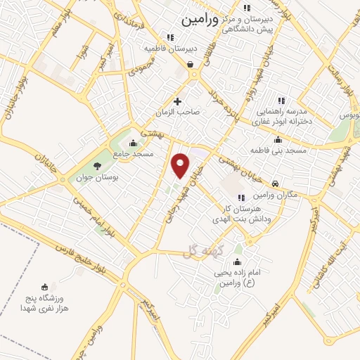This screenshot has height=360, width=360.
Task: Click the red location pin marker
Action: [x=181, y=165]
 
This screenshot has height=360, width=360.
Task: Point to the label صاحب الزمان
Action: [x=179, y=112]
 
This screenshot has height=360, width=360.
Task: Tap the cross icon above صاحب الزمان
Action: [x=178, y=101]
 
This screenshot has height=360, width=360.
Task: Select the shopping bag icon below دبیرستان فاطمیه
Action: [x=190, y=65]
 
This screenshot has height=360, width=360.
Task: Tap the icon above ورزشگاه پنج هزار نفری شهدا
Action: [x=46, y=286]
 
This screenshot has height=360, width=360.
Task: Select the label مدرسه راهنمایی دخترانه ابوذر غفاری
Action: [x=282, y=116]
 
